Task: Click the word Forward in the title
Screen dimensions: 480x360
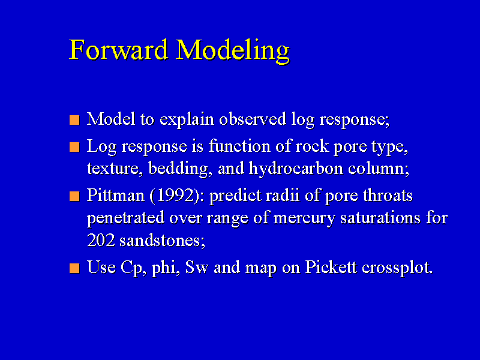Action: coord(118,50)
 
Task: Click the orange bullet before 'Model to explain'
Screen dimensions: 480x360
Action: coord(74,120)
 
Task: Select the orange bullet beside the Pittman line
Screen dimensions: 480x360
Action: coord(74,196)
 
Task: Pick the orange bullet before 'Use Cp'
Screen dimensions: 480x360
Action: coord(74,268)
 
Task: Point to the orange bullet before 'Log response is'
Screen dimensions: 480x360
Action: coord(74,147)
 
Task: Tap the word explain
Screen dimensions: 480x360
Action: coord(187,120)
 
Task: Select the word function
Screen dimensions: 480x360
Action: coord(239,146)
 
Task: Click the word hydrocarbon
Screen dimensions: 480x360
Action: coord(296,169)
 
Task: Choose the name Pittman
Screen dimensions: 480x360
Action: coord(115,196)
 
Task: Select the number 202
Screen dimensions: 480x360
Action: coord(101,240)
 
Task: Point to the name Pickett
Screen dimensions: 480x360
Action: coord(331,267)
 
